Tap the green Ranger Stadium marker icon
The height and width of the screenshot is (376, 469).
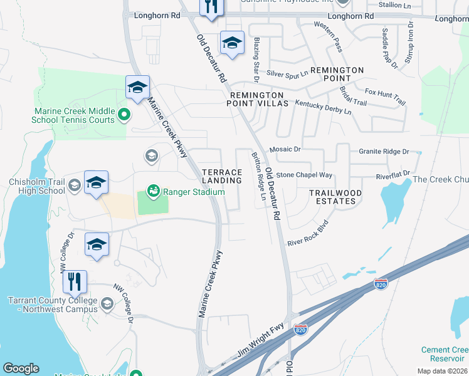152,189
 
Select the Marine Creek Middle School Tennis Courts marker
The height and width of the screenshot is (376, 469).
124,115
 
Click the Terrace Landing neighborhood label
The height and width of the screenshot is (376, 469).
221,176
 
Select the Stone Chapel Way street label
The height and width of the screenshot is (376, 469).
304,175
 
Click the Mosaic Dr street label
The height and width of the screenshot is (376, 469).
285,150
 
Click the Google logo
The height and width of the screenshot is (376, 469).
21,368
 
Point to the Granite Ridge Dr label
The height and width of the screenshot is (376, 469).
384,152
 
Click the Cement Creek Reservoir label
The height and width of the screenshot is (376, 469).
446,354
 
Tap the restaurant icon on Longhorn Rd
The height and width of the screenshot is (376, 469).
211,6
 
